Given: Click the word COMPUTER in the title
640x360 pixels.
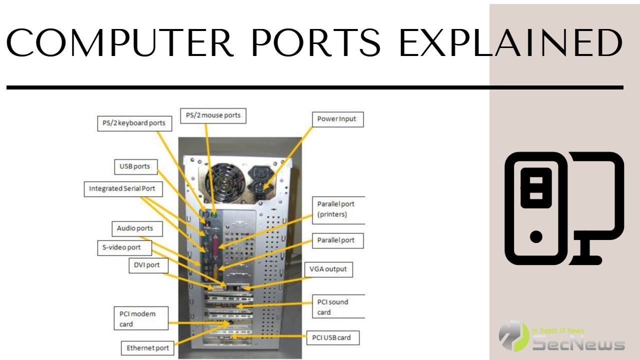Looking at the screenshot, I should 120,42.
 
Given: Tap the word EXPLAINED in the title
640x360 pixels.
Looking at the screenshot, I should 510,42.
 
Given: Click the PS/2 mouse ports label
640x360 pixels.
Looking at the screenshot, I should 213,115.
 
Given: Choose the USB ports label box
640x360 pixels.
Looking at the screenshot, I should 134,166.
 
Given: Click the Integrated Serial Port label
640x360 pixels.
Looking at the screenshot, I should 122,189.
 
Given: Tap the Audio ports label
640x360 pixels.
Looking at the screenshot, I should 135,228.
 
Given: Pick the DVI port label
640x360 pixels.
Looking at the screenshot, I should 147,265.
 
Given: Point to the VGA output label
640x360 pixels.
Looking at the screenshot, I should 328,269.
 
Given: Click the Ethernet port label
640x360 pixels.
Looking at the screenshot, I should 147,348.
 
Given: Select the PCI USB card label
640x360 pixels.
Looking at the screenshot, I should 331,337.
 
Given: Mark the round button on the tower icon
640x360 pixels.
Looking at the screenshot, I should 535,236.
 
